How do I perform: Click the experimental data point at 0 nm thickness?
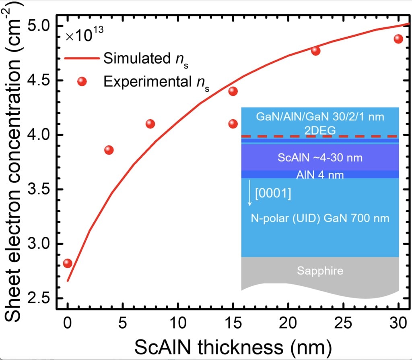pos(68,263)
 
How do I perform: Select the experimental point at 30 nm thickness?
pos(398,39)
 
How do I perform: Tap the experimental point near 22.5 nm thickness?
pos(316,51)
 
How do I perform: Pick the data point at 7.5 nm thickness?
pos(150,124)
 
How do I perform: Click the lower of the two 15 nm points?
pos(233,124)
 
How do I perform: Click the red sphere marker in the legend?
pos(82,81)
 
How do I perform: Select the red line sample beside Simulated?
pos(82,58)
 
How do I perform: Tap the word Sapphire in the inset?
pos(320,271)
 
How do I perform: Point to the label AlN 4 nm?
pos(320,175)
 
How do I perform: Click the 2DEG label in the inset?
pos(320,129)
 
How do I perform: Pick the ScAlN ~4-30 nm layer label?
pos(320,157)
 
